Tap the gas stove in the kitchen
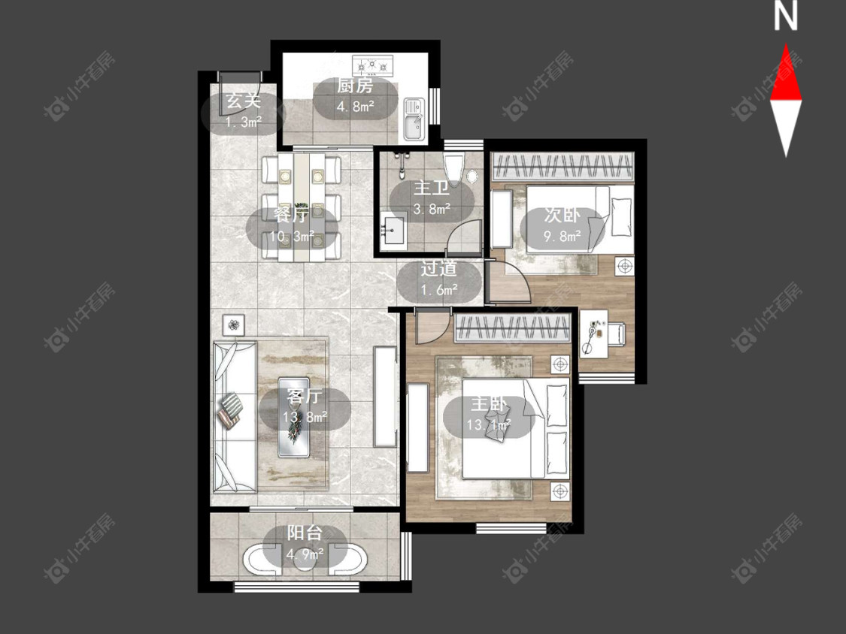(372, 66)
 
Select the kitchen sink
(414, 119)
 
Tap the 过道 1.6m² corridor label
(439, 279)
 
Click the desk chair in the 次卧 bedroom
(617, 334)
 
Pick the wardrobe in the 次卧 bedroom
(562, 166)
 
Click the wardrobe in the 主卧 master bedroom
(513, 328)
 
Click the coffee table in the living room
(293, 417)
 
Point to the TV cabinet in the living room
(385, 397)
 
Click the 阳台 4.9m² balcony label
(305, 543)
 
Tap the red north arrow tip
(786, 44)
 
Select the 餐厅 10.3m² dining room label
(292, 225)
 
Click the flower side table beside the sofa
(233, 325)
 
